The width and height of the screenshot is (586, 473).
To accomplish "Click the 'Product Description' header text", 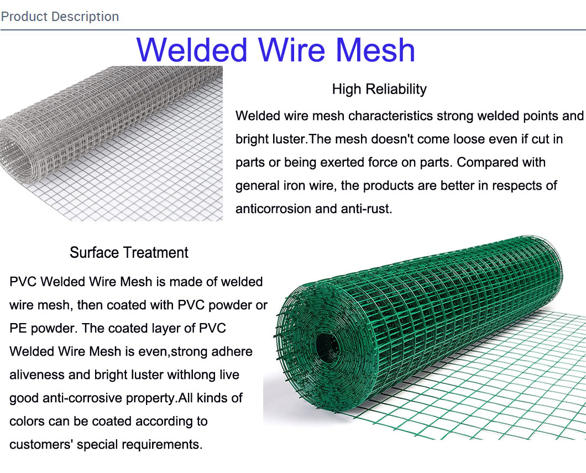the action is click(x=60, y=17).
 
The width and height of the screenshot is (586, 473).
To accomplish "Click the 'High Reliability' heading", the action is click(x=379, y=89).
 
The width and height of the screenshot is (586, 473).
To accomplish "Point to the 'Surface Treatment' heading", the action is click(x=129, y=253).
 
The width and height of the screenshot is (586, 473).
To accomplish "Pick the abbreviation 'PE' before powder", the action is click(x=18, y=328).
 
